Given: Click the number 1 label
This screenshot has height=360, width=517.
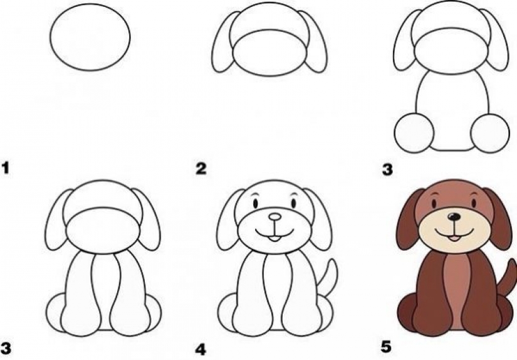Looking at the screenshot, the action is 5,167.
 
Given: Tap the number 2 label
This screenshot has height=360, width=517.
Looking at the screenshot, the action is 201,168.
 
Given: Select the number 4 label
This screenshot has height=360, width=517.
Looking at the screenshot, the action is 201,349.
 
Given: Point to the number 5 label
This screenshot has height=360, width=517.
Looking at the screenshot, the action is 386,347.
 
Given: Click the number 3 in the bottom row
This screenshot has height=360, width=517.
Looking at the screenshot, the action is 6,349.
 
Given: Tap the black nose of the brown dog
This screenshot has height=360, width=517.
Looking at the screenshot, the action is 454,216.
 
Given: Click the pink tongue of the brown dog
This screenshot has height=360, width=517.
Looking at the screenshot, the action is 455,238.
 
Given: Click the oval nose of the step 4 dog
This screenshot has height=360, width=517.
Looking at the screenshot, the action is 274,217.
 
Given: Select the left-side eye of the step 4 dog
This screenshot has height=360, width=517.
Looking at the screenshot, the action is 256,204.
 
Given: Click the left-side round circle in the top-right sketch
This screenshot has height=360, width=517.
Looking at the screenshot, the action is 414,133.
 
